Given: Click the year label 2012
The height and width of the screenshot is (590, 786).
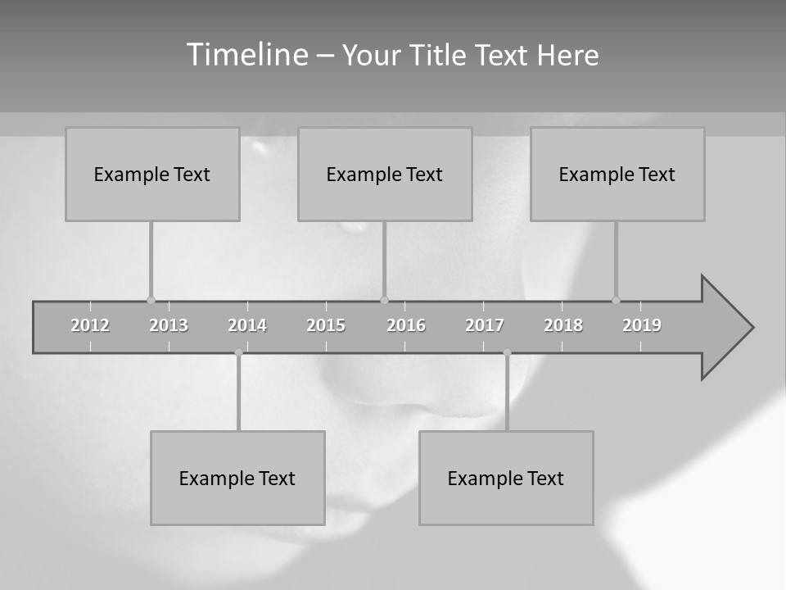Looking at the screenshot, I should (x=90, y=325).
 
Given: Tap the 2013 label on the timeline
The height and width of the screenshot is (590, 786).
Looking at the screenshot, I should (x=169, y=325).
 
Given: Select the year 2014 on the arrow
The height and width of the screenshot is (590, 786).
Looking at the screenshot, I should (x=247, y=325).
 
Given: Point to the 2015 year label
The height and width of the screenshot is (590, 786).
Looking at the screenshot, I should (x=326, y=325).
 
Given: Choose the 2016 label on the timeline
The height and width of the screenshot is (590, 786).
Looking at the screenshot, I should (x=406, y=325).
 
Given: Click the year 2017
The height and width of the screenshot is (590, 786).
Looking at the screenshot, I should (x=485, y=325).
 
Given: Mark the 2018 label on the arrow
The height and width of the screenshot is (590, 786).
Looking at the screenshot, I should (x=563, y=325).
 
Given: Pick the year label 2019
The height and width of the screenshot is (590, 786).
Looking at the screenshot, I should (x=642, y=325).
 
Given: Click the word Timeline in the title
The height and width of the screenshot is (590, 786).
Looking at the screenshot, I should (x=246, y=55).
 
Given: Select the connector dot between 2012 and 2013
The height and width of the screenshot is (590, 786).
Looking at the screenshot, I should (x=151, y=300).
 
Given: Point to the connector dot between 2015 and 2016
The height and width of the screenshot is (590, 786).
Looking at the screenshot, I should (x=384, y=300).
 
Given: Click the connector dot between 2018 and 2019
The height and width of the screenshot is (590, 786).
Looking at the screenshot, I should (x=616, y=300).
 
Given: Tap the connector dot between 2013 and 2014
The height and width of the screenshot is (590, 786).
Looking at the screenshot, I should (x=238, y=352).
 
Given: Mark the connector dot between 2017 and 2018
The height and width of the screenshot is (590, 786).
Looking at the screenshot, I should (x=507, y=352).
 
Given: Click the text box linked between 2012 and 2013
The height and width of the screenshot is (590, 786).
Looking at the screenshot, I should (x=152, y=174).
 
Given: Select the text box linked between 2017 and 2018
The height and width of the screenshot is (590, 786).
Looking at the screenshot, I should (x=506, y=478).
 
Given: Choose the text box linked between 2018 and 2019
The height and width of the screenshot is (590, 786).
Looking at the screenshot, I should (x=617, y=174).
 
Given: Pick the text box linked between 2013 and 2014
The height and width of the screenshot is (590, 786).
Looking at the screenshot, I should (x=237, y=478).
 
